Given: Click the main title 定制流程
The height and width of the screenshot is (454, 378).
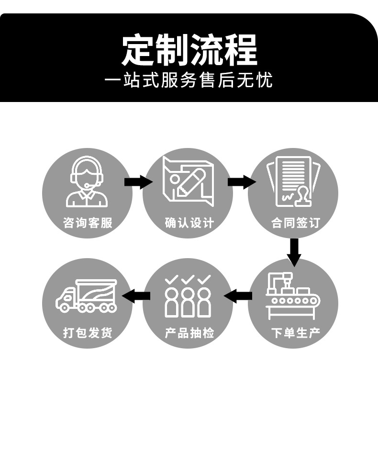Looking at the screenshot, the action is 189,50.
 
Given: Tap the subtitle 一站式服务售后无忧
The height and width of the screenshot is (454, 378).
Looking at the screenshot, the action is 189,80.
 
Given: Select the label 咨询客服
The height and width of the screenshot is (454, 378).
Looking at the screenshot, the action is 88,223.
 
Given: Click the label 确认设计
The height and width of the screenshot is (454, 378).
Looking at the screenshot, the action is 189,223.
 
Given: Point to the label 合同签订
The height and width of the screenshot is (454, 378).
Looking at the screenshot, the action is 295,223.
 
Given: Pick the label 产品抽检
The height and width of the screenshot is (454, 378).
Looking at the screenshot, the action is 189,332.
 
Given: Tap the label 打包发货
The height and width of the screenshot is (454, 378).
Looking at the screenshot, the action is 88,332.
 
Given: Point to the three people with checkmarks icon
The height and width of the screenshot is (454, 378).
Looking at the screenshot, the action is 188,295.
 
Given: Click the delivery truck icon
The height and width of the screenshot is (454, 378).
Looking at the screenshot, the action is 87,295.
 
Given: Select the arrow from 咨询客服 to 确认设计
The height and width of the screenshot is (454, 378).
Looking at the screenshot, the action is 138,182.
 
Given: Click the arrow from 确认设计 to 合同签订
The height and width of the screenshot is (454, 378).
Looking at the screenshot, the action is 241,182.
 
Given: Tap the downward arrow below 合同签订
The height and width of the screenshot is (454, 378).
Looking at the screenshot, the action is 294,251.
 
